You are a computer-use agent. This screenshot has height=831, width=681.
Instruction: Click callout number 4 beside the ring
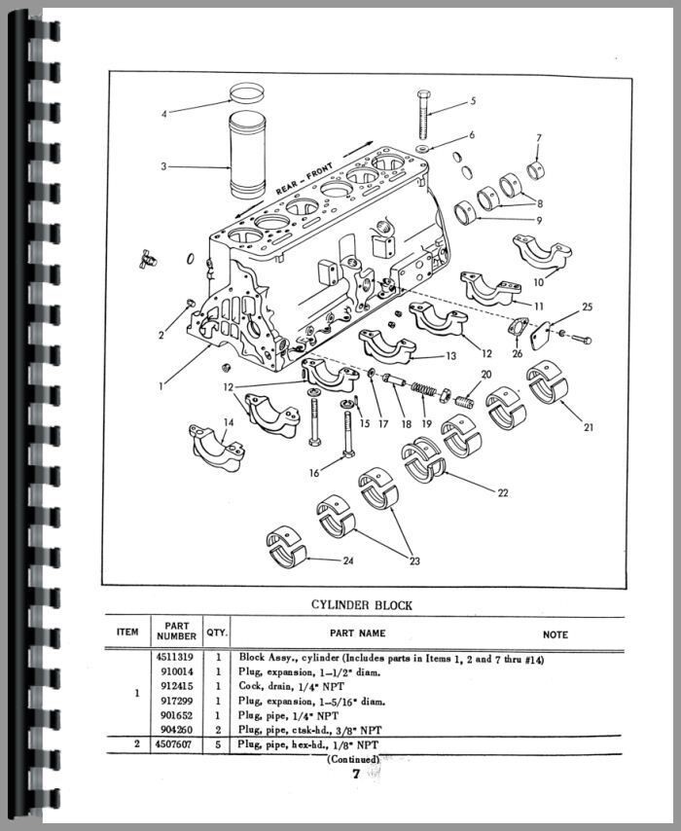[164, 114]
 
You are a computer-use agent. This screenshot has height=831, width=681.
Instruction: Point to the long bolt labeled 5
[425, 117]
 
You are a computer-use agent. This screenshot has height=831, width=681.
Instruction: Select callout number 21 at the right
[589, 426]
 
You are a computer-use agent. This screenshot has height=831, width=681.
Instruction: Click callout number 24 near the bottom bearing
[349, 560]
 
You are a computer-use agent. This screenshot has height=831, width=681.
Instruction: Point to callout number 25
[587, 307]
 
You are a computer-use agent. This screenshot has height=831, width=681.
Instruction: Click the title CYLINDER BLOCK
[362, 604]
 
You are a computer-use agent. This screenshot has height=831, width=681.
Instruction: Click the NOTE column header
[556, 634]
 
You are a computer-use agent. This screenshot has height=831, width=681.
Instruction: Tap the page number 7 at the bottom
[357, 775]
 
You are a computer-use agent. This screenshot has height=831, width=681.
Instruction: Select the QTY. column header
[217, 632]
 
